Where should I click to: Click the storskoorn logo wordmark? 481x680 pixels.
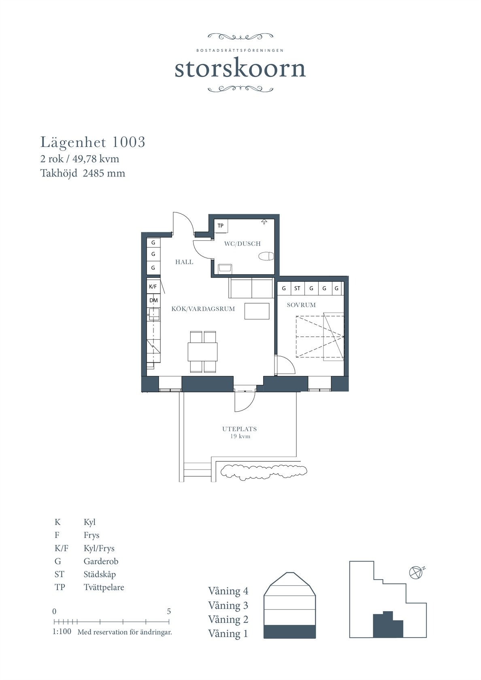point(240,69)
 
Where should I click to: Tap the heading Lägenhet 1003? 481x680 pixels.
point(93,142)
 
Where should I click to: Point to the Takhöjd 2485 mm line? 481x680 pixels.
point(83,173)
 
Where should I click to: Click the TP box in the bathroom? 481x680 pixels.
point(221,225)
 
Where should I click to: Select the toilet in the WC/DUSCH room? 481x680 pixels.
point(266,256)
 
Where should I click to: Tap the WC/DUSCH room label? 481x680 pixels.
point(242,244)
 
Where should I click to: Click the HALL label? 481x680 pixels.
point(184,262)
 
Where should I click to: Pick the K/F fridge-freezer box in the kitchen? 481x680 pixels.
point(153,286)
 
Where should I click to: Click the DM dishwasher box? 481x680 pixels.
point(153,300)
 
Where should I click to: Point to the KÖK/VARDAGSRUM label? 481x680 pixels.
point(203,309)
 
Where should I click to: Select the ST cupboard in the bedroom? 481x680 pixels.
point(297,288)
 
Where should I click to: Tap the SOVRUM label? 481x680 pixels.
point(301,305)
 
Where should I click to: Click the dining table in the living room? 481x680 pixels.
point(202,351)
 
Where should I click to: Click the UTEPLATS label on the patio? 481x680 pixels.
point(240,429)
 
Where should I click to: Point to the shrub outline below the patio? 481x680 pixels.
point(264,472)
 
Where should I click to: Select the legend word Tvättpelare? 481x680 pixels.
point(104,587)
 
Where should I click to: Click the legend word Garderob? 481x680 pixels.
point(101,561)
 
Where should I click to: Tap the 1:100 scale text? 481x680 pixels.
point(62,631)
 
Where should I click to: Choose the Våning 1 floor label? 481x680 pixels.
point(228,633)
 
